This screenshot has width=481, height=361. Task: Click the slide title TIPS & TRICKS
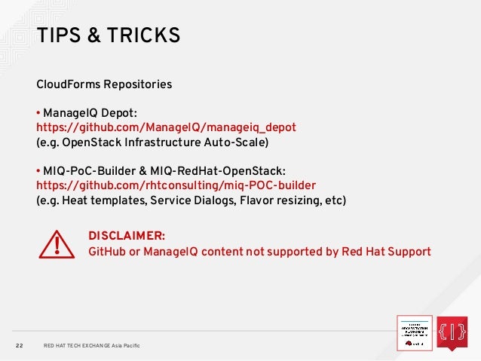pyautogui.click(x=108, y=35)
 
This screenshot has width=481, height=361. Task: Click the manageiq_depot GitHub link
pyautogui.click(x=166, y=127)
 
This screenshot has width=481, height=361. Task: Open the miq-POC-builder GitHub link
pyautogui.click(x=176, y=185)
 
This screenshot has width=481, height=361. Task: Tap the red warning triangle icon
pyautogui.click(x=56, y=243)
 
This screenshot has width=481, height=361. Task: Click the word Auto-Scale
pyautogui.click(x=241, y=142)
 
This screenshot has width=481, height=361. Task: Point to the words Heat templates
pyautogui.click(x=103, y=200)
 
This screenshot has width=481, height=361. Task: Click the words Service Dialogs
pyautogui.click(x=185, y=200)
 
